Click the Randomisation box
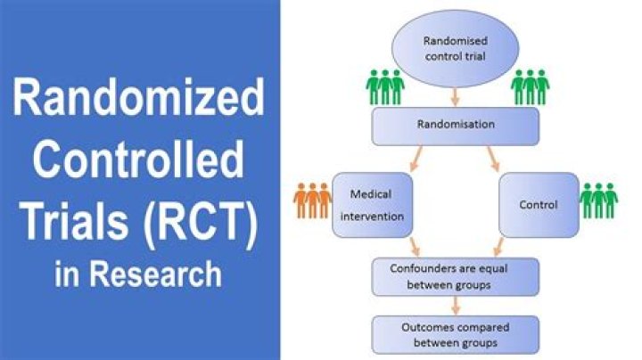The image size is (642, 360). [456, 126]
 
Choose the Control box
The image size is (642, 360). [538, 205]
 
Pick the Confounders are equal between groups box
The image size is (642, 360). [456, 276]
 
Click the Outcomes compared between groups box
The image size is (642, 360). [456, 334]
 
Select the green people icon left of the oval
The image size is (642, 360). [385, 86]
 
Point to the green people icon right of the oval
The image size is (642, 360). [530, 86]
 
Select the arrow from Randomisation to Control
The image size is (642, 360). [493, 158]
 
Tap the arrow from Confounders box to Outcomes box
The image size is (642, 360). [456, 306]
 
